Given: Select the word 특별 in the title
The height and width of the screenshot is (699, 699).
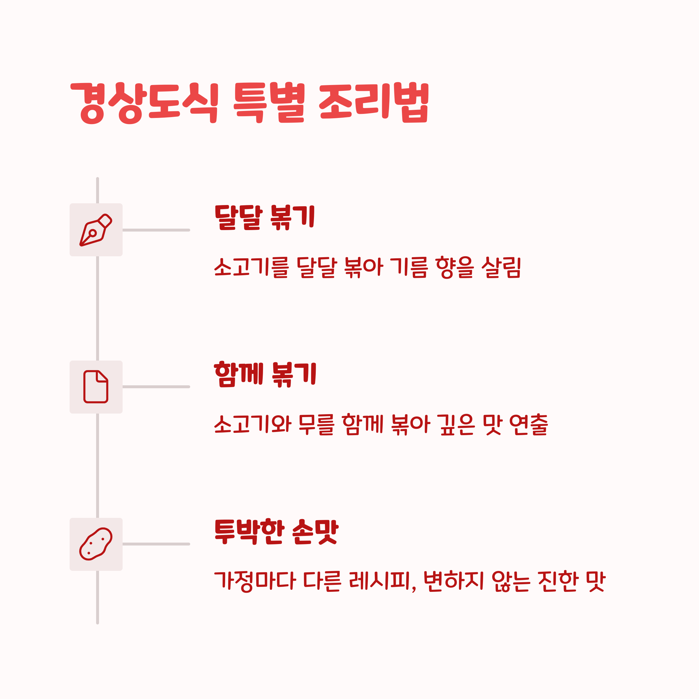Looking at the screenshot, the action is [269, 103].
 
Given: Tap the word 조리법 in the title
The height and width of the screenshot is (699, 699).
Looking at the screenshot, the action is [373, 103].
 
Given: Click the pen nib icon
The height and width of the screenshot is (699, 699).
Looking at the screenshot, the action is [96, 230].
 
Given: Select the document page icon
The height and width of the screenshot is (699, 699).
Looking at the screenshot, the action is [96, 387].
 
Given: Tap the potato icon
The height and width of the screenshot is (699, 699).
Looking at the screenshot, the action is [96, 544].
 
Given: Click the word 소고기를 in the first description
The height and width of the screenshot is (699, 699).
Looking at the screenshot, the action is [251, 267].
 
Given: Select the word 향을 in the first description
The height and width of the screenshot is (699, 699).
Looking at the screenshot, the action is [454, 267].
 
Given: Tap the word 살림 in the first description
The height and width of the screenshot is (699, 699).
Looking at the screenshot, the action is [501, 267].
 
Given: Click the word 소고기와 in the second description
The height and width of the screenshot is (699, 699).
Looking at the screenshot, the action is [253, 424].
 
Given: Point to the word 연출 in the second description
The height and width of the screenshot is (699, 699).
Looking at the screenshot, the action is [529, 424].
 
